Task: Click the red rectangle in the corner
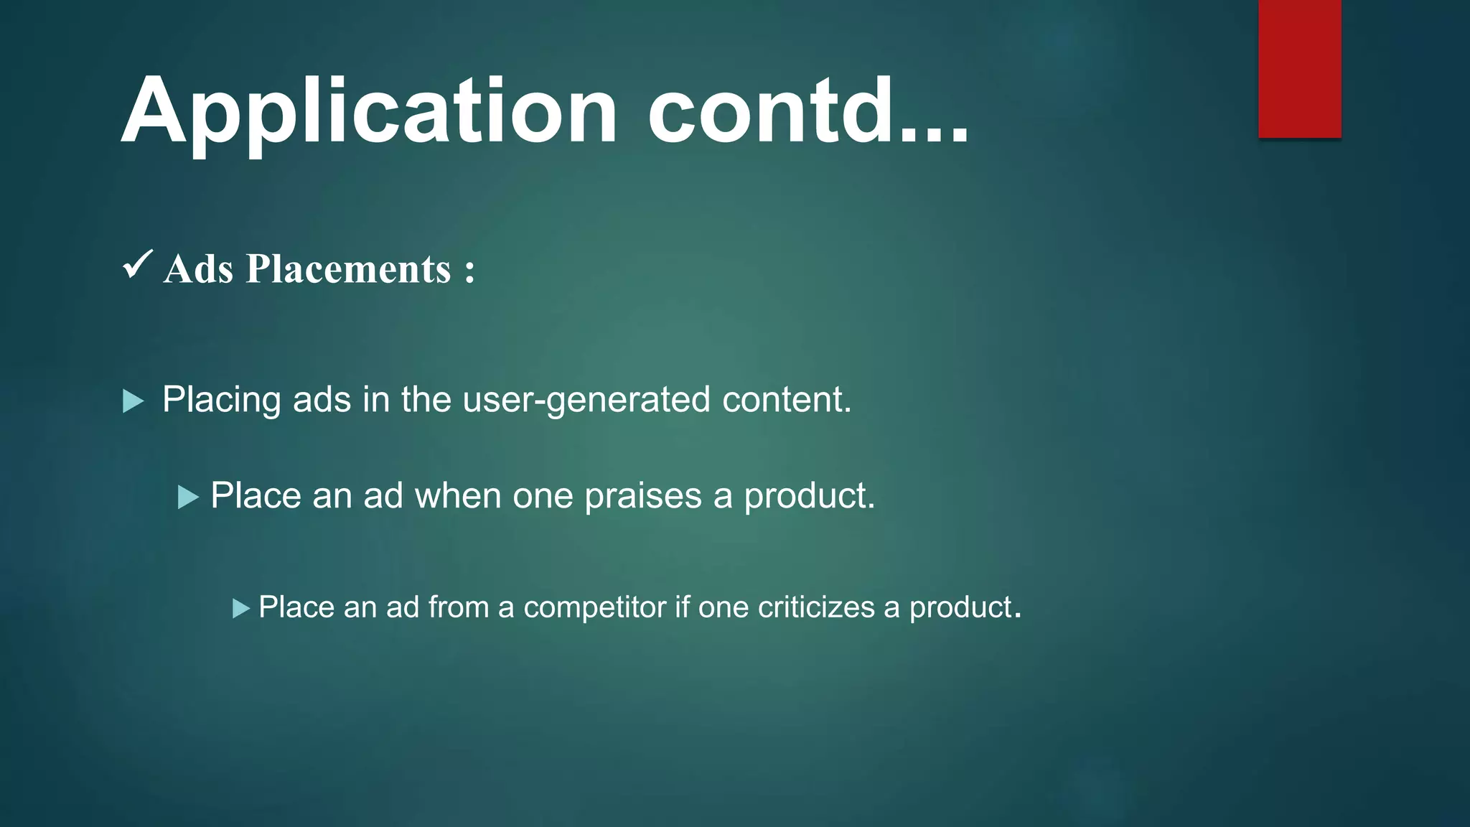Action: tap(1299, 69)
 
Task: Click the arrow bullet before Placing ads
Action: tap(133, 401)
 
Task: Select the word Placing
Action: tap(221, 400)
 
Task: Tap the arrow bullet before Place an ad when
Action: tap(187, 497)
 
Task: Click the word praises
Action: tap(643, 496)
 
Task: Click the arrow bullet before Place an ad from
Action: tap(241, 609)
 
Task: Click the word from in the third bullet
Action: tap(458, 607)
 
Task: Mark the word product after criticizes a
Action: tap(960, 607)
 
